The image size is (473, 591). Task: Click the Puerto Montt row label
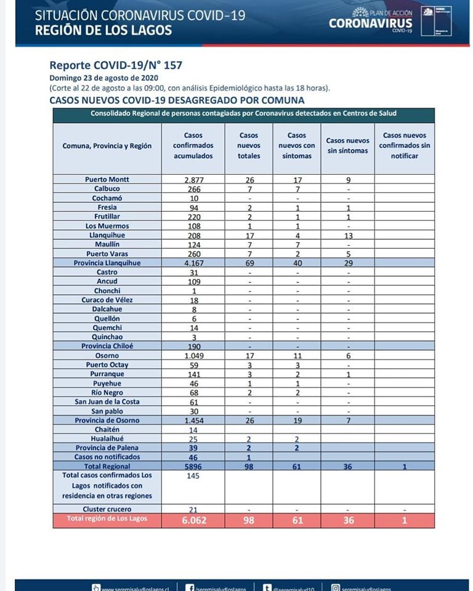click(x=107, y=180)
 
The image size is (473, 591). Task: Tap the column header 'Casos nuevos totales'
click(x=249, y=146)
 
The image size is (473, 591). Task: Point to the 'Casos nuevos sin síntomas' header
click(x=347, y=146)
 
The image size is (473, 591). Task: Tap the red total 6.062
click(x=193, y=520)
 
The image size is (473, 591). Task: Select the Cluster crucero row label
click(x=107, y=509)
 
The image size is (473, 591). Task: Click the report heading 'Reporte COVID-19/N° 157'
click(x=116, y=65)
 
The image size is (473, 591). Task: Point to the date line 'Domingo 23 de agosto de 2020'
click(x=104, y=78)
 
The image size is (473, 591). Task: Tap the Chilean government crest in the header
click(x=427, y=21)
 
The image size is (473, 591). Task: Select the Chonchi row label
click(x=107, y=291)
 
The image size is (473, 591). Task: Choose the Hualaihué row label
click(x=107, y=439)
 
